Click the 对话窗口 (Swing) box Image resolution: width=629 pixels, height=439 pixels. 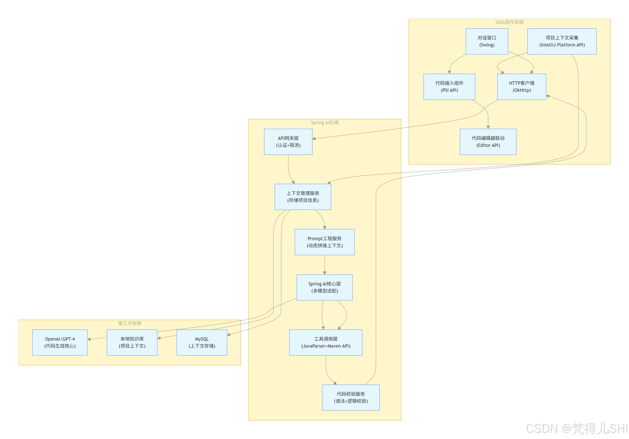pyautogui.click(x=487, y=41)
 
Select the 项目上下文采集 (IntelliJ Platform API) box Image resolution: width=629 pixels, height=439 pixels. pyautogui.click(x=562, y=41)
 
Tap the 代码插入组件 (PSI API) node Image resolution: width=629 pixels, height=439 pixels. pyautogui.click(x=449, y=87)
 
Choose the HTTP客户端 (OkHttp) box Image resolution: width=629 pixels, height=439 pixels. pyautogui.click(x=521, y=87)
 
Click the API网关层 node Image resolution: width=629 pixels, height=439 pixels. pyautogui.click(x=288, y=142)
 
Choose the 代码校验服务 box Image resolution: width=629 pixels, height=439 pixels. pyautogui.click(x=350, y=397)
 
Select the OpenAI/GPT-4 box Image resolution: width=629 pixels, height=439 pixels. pyautogui.click(x=60, y=342)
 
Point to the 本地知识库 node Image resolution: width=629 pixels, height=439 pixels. pyautogui.click(x=132, y=342)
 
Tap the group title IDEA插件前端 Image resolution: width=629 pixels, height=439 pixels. pyautogui.click(x=509, y=22)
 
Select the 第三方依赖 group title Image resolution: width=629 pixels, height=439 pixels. pyautogui.click(x=130, y=323)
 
